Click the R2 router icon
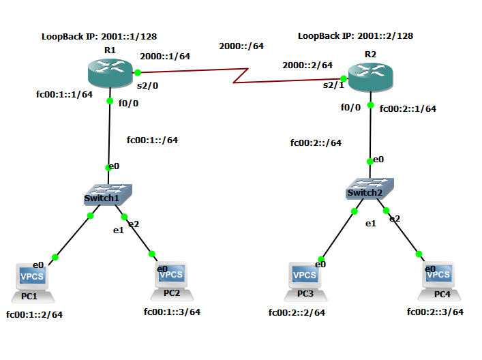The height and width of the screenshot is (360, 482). (370, 77)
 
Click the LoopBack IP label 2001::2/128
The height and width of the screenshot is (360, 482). (355, 35)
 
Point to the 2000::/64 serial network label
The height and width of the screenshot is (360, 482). (241, 46)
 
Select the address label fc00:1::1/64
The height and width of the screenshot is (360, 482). (64, 95)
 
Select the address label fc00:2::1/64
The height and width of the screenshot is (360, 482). (408, 108)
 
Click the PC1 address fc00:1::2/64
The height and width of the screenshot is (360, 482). (34, 314)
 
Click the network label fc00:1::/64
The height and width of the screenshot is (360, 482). (152, 140)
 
